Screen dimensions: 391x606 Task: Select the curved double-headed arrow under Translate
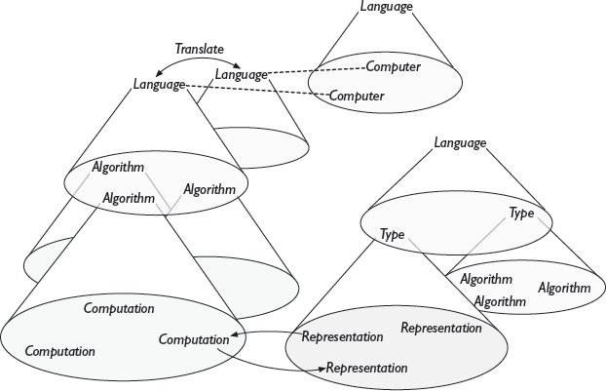(x=198, y=60)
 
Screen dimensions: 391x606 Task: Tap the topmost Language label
(x=387, y=7)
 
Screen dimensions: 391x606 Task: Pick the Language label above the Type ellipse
(x=459, y=143)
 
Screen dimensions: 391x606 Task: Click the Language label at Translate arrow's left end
(x=159, y=85)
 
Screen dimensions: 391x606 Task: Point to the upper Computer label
(x=394, y=67)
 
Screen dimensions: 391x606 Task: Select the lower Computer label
(x=356, y=96)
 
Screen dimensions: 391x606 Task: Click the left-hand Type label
(x=392, y=235)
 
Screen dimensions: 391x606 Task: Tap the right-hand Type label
(x=521, y=213)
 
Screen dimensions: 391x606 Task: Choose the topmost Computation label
(x=119, y=308)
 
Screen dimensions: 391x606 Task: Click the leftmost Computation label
(x=59, y=349)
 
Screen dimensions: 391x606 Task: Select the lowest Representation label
(x=366, y=368)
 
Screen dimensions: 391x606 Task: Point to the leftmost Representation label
(x=342, y=337)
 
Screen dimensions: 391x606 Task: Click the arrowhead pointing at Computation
(x=235, y=337)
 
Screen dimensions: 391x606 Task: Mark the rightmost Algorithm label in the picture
(x=564, y=288)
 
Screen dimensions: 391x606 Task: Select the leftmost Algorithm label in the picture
(x=118, y=168)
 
